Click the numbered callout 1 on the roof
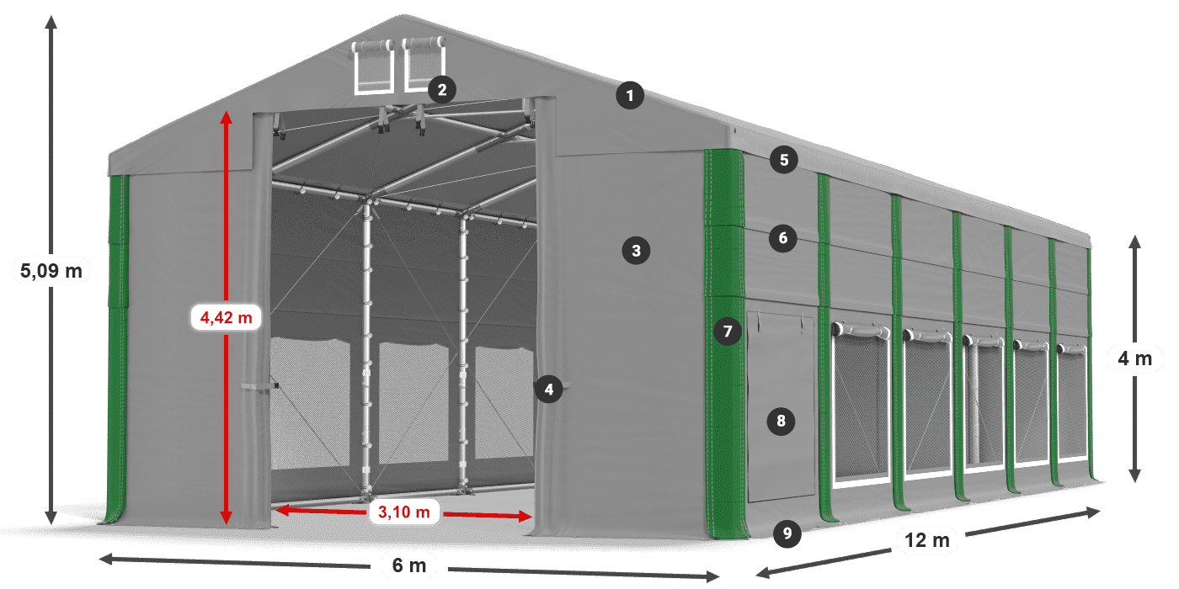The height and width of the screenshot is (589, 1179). [x=630, y=96]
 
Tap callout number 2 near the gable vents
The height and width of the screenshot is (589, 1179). [x=442, y=90]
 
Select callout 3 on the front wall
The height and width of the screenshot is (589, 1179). [x=636, y=251]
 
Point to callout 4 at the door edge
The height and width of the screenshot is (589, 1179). [x=548, y=390]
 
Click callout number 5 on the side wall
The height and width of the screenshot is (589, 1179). [x=784, y=160]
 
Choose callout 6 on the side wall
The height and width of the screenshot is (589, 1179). [x=782, y=238]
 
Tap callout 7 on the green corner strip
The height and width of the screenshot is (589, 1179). [x=728, y=332]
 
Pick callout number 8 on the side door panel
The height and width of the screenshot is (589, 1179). [x=781, y=421]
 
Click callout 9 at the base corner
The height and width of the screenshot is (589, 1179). [x=787, y=533]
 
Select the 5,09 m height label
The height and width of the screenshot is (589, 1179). [x=51, y=271]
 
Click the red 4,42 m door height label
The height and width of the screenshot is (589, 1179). [x=226, y=317]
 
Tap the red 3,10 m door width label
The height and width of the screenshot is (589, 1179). [x=403, y=512]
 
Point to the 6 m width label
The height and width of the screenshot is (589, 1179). [x=409, y=565]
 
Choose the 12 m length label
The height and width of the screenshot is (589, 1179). [x=927, y=540]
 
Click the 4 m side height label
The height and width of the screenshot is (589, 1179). [x=1135, y=358]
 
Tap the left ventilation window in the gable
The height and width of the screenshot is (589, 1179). [x=373, y=66]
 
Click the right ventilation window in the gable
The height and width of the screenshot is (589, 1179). [x=424, y=64]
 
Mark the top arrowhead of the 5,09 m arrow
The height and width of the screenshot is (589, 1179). [x=51, y=22]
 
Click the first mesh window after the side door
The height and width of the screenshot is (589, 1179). [x=860, y=402]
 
